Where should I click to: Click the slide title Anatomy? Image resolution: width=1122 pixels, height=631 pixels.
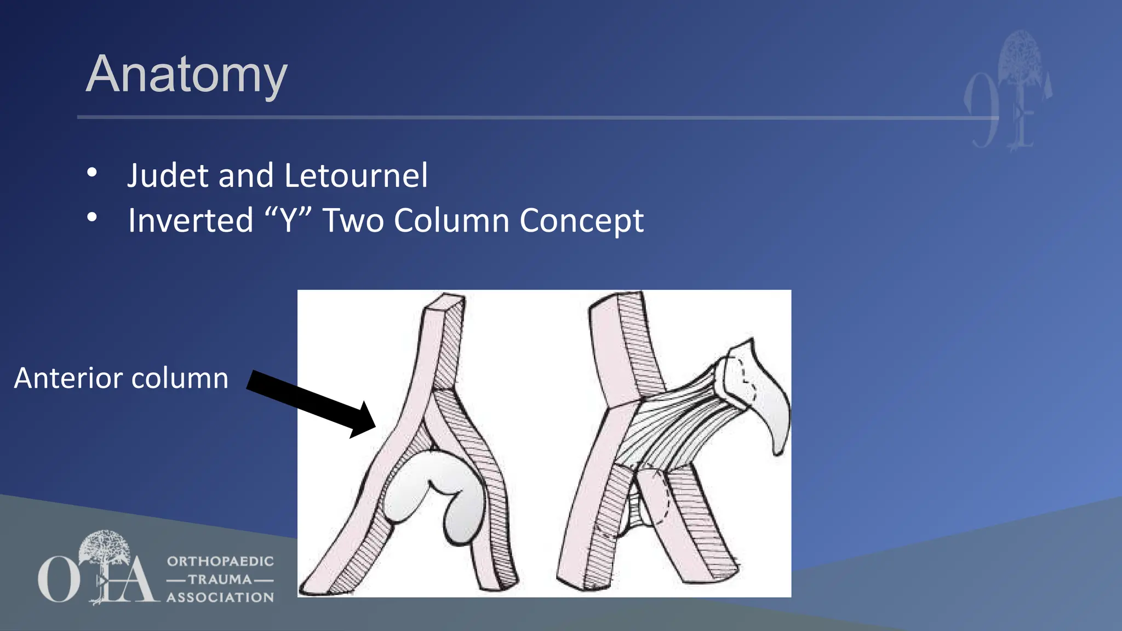(x=187, y=75)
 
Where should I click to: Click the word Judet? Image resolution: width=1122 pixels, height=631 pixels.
(x=168, y=176)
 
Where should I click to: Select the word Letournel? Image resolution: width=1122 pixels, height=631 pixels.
(x=356, y=176)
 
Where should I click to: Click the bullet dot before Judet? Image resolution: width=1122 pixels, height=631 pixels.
(x=92, y=173)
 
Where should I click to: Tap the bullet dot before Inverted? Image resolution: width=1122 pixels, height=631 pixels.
(x=92, y=217)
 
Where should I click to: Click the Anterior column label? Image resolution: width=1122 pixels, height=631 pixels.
(x=121, y=378)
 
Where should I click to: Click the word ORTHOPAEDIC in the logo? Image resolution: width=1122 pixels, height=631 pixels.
(x=220, y=561)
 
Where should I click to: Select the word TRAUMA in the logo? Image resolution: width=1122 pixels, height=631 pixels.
(x=220, y=580)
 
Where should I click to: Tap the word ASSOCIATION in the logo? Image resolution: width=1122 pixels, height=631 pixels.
(x=220, y=598)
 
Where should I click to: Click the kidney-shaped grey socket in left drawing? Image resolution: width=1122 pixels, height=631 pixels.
(x=433, y=493)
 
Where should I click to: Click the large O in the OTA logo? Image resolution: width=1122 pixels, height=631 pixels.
(x=58, y=579)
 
